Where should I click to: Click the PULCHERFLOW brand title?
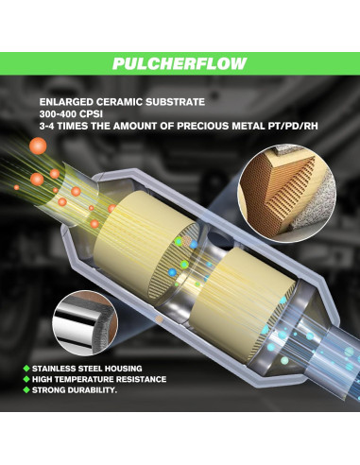click(x=180, y=63)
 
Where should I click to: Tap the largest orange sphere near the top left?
click(x=39, y=145)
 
